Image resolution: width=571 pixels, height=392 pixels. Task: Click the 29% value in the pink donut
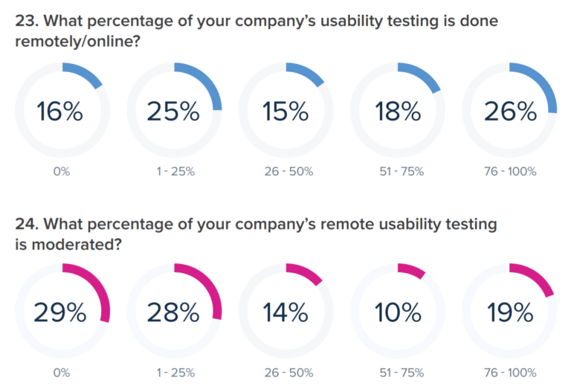coord(62,312)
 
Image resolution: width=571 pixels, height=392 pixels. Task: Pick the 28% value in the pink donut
coord(173,312)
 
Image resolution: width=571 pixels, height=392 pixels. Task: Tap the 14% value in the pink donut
coord(285,312)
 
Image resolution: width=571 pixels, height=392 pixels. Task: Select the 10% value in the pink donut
coord(398,312)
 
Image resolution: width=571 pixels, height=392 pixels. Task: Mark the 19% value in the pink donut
coord(510,312)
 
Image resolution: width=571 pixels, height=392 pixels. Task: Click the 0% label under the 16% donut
coord(62,171)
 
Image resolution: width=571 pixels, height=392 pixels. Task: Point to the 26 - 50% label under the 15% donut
coord(285,171)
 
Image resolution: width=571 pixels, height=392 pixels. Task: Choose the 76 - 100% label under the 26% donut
coord(510,171)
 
